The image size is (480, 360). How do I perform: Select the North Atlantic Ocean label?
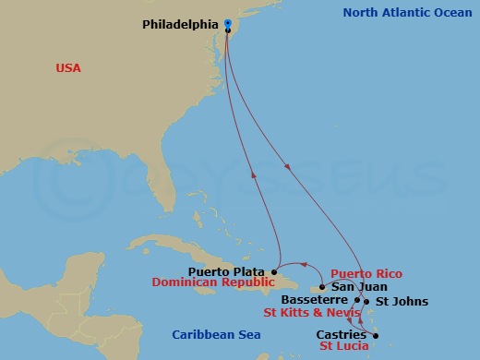404,13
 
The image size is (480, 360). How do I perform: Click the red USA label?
68,67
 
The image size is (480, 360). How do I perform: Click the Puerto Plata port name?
226,270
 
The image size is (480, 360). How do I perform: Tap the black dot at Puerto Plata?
274,271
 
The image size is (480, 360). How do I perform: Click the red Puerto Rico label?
365,274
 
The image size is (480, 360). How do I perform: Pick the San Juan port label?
353,287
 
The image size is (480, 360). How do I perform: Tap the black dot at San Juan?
322,287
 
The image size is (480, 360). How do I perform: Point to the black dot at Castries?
376,334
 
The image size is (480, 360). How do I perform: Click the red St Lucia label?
344,346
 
